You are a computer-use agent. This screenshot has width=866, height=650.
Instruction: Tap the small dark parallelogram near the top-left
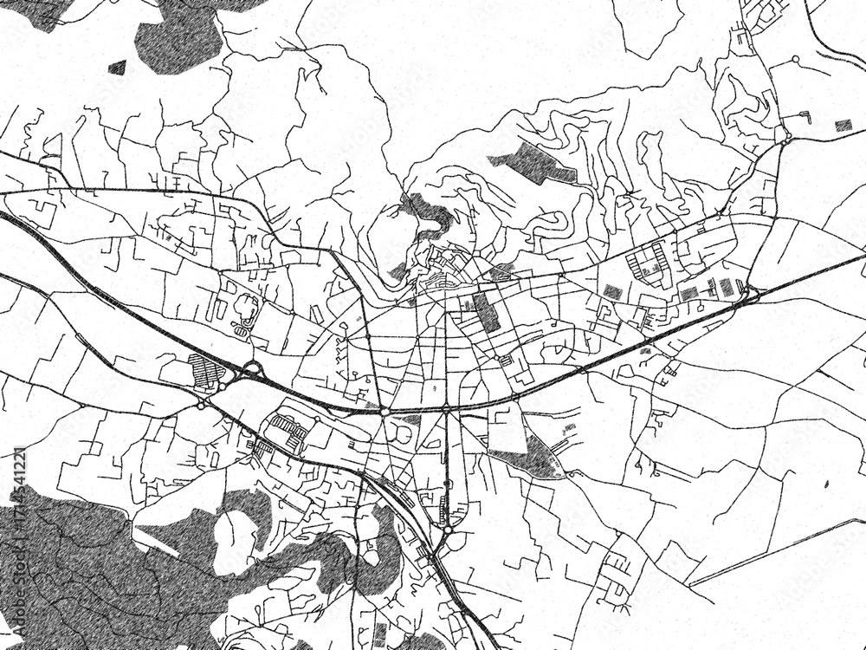117,66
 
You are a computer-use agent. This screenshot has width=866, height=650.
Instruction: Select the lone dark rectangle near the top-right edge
843,126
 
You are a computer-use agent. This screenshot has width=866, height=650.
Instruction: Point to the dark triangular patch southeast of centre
530,456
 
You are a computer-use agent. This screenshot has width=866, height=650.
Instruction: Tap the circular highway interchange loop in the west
252,373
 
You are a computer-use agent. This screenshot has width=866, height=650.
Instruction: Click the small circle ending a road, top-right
796,59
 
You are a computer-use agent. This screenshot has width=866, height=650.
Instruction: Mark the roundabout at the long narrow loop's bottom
446,521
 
